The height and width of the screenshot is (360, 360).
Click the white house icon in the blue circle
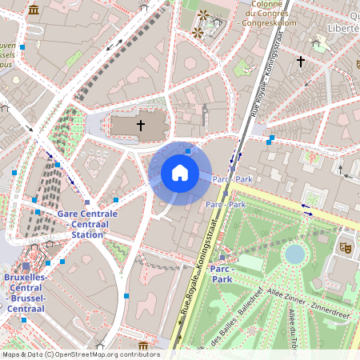(x=179, y=172)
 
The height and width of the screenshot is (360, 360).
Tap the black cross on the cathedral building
(x=141, y=126)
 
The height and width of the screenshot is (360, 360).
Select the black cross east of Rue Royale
(x=301, y=61)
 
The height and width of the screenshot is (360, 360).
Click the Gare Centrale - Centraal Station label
(x=87, y=224)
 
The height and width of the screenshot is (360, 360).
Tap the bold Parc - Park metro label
(x=221, y=274)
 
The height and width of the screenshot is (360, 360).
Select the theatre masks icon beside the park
(x=346, y=248)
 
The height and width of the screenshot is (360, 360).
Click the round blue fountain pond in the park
(x=295, y=254)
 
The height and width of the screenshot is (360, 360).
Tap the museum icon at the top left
(x=34, y=10)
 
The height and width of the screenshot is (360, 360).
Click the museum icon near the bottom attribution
(x=143, y=346)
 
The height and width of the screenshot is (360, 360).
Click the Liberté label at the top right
(x=343, y=28)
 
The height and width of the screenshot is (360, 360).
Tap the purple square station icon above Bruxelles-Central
(x=26, y=266)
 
